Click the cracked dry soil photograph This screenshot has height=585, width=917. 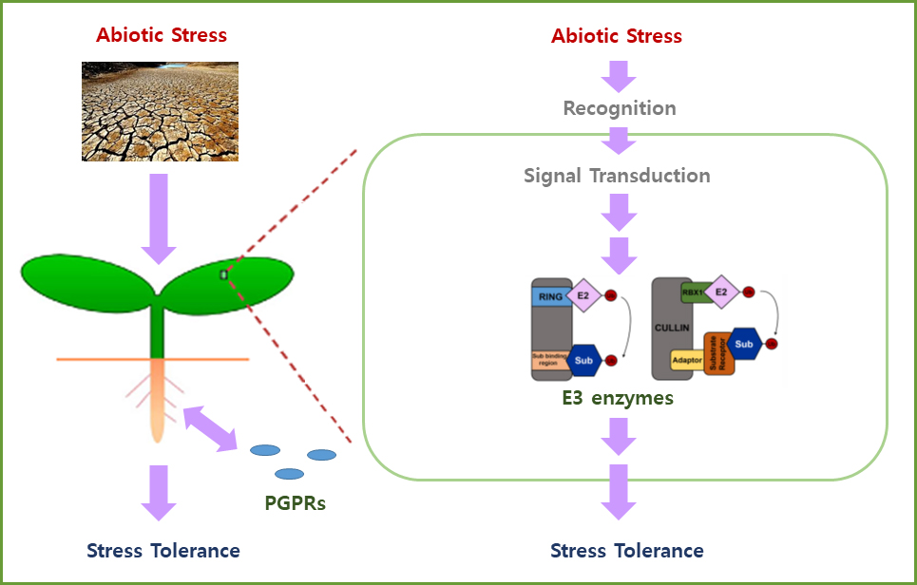point(160,111)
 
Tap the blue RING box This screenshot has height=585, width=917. point(549,296)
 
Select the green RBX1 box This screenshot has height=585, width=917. point(693,293)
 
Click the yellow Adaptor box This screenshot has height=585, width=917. point(686,360)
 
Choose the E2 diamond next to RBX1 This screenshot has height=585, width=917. point(721,293)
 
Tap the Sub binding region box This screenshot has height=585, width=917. point(549,361)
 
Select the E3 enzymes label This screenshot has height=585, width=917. point(617,398)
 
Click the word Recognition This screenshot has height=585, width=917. point(620,108)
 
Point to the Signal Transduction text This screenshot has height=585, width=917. point(617,176)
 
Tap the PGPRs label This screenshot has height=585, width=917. point(295,503)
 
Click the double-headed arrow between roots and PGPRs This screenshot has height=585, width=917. point(210,427)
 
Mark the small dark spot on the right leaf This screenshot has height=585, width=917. point(224,274)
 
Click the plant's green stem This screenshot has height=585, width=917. point(159,328)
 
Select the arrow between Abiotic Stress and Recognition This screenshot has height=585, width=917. point(619,74)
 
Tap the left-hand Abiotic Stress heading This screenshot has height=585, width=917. point(162,36)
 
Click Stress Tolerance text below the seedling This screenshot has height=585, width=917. point(162,551)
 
